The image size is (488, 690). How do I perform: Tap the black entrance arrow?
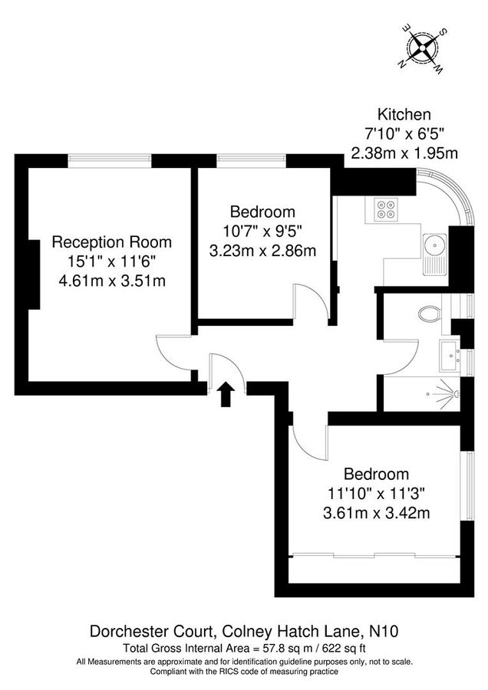tap(226, 395)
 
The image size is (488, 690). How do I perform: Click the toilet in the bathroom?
tap(430, 313)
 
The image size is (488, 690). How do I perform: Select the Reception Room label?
tap(111, 242)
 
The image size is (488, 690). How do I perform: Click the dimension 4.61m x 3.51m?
tap(111, 281)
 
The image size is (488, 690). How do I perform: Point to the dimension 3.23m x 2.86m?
tap(263, 250)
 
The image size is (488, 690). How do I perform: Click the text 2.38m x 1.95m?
tap(404, 153)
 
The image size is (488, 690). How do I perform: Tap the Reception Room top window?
tap(109, 159)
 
